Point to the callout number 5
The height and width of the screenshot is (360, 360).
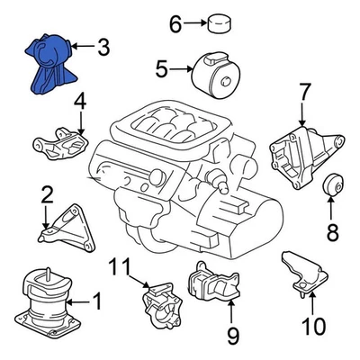pyautogui.click(x=161, y=67)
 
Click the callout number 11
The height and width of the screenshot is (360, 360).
pyautogui.click(x=120, y=267)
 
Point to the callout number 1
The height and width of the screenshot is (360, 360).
pyautogui.click(x=97, y=304)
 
